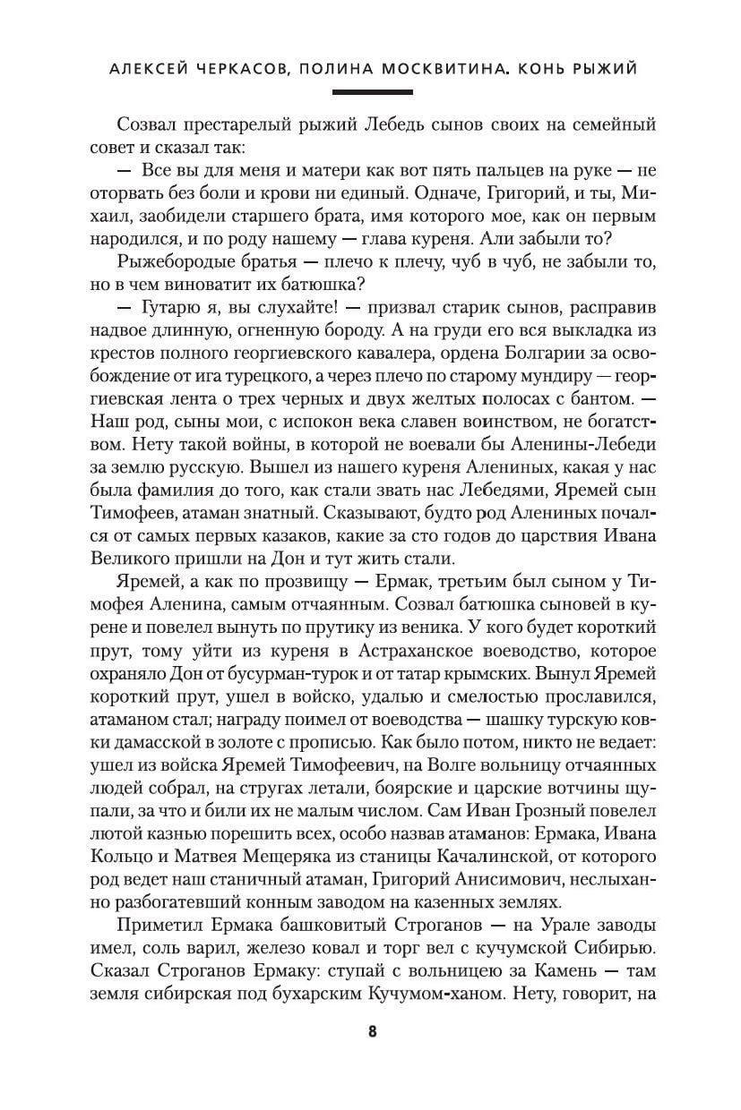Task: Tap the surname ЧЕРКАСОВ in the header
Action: point(225,70)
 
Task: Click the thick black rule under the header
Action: point(372,92)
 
